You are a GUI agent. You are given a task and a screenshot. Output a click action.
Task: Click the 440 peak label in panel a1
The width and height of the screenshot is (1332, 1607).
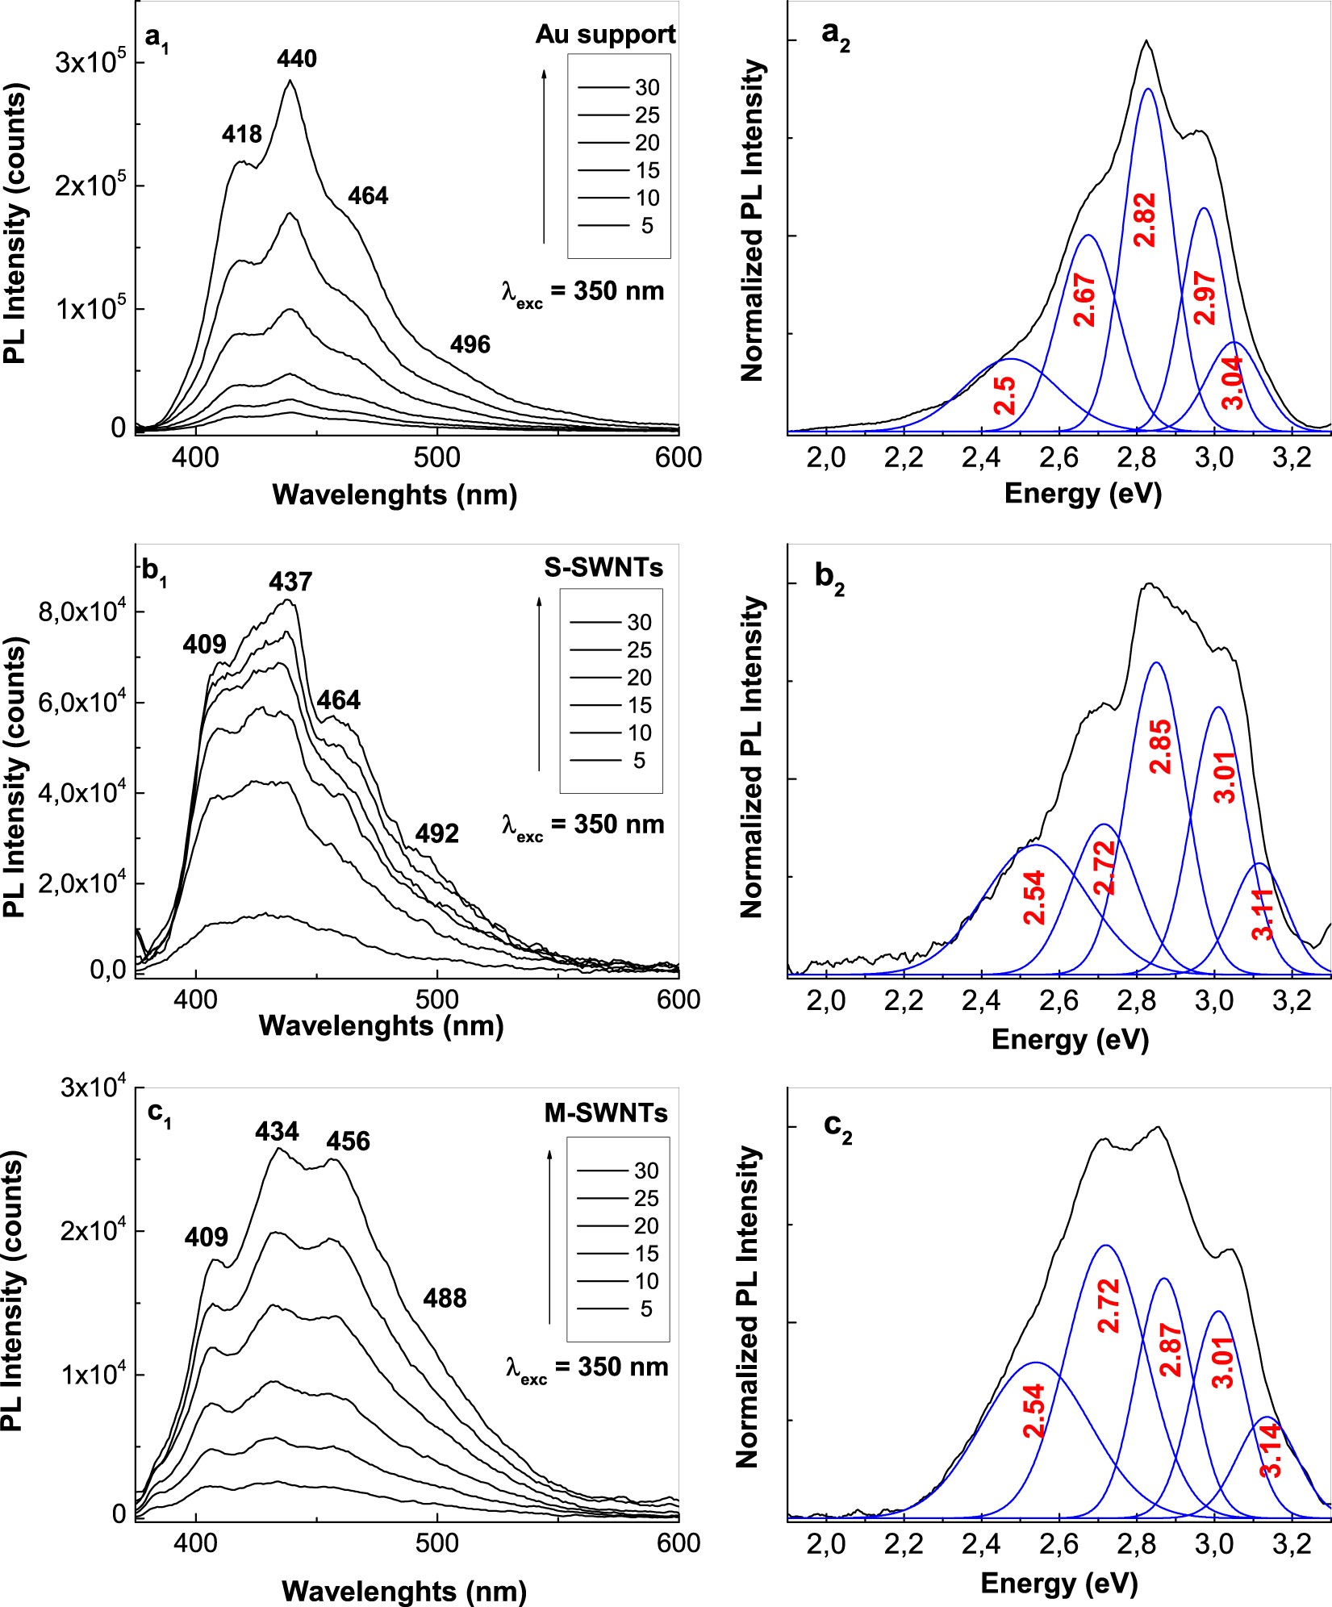point(297,59)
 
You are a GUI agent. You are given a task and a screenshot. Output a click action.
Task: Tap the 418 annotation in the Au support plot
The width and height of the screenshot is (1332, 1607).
point(242,133)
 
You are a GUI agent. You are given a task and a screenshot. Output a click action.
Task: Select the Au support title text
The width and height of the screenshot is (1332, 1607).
point(605,35)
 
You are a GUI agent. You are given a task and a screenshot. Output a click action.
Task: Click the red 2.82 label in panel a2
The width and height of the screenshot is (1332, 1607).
point(1145,220)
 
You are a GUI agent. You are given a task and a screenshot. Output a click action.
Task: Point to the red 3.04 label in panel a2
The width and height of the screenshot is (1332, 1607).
point(1234,382)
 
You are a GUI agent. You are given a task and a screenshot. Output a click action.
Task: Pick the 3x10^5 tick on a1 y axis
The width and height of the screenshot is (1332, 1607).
point(90,63)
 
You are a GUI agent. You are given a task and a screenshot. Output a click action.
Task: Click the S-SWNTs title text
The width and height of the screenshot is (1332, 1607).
point(603,568)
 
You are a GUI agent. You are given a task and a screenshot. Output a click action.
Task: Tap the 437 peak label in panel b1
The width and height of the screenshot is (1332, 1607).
point(290,582)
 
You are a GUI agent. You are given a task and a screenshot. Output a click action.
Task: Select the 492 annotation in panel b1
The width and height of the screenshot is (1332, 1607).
point(436,833)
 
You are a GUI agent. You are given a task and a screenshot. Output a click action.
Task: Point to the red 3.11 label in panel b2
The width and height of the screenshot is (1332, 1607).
point(1263,913)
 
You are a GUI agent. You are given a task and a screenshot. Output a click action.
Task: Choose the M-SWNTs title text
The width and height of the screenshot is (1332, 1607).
point(606,1113)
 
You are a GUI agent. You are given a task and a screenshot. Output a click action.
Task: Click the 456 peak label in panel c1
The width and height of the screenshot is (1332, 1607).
point(349,1142)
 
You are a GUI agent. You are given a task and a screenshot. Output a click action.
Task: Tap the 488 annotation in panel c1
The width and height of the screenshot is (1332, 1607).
point(445,1298)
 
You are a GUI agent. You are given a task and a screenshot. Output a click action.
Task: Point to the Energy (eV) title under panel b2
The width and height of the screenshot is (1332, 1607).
point(1069,1039)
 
